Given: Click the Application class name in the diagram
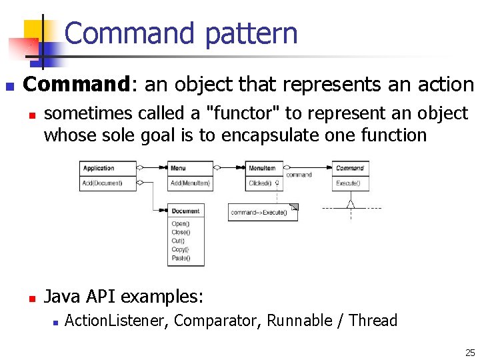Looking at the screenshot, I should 99,168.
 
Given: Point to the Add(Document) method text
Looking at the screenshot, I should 103,183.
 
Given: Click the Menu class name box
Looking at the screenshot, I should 179,168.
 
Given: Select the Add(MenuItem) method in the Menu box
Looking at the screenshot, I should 190,183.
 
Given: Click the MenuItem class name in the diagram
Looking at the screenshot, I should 261,168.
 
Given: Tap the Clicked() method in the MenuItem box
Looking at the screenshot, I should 260,183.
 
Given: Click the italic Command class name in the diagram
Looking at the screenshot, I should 350,168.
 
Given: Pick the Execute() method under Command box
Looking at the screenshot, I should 348,183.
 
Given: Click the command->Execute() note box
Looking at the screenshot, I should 259,213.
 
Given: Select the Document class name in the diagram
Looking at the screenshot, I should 185,211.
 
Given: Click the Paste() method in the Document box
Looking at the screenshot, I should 181,258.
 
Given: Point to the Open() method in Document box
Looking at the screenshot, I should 181,223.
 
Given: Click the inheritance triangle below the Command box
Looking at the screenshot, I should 351,203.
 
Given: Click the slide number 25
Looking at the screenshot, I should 470,353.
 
